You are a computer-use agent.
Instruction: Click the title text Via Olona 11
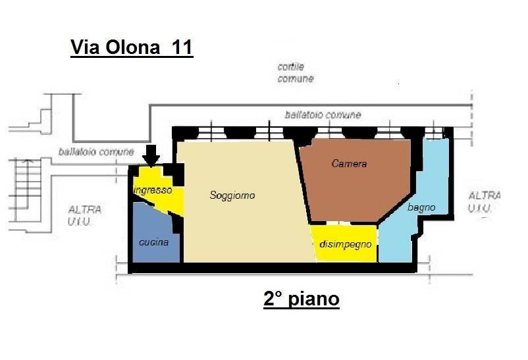131,48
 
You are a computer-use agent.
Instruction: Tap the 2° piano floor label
301,299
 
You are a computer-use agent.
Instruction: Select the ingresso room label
153,190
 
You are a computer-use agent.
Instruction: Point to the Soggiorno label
232,195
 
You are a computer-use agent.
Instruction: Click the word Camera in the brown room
349,164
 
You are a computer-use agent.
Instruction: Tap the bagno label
421,207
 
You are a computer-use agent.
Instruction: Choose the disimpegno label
345,244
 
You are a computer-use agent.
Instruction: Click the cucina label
153,242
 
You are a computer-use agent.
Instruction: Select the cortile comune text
296,73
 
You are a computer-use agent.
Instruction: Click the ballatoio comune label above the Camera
323,115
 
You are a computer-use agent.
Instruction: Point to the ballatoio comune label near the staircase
95,151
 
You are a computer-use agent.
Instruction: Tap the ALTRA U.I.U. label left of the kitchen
85,215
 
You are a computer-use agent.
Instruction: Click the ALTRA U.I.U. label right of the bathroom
484,202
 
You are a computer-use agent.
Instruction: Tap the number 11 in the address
182,48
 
